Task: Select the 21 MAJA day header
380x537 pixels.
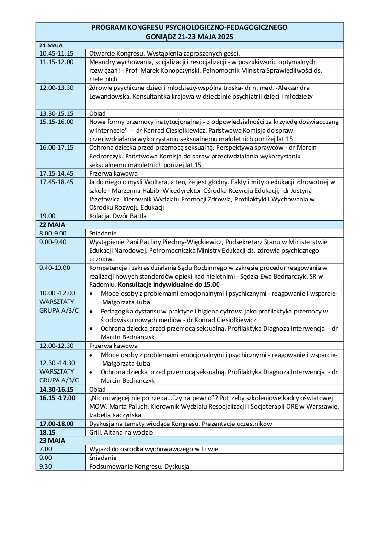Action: coord(48,45)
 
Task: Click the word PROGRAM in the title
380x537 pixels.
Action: coord(106,28)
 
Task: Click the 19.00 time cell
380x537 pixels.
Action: coord(47,216)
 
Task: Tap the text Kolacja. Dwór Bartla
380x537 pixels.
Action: coord(117,216)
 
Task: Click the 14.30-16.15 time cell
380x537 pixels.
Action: coord(57,390)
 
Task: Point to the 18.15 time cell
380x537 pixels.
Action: coord(47,432)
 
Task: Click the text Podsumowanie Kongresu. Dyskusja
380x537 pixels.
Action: coord(139,466)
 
